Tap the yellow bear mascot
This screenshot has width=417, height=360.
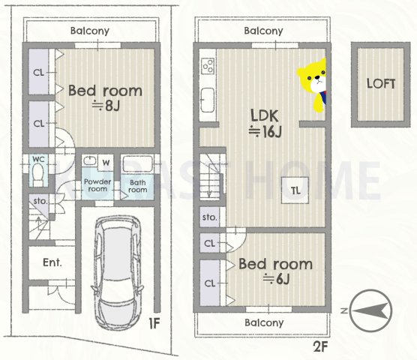tap(312, 85)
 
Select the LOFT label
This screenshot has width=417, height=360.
tap(381, 84)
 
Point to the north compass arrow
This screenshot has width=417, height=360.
tap(371, 310)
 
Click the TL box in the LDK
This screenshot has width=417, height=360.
tap(295, 190)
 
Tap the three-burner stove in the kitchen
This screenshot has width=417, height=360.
tap(208, 66)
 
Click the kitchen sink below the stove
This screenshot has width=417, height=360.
tap(208, 100)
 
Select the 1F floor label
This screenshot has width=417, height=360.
tap(154, 323)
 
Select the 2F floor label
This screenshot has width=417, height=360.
tap(320, 346)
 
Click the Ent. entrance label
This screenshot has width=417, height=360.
tap(52, 262)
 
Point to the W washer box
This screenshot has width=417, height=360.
tap(106, 163)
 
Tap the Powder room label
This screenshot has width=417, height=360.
tap(97, 185)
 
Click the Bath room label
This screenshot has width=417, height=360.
tap(137, 186)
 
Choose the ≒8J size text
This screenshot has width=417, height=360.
tap(106, 106)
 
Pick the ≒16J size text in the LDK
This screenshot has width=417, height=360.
tap(265, 131)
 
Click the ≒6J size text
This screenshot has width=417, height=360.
tap(276, 279)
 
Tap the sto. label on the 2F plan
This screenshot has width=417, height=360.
tap(210, 217)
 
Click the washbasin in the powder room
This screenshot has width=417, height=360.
tap(90, 160)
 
